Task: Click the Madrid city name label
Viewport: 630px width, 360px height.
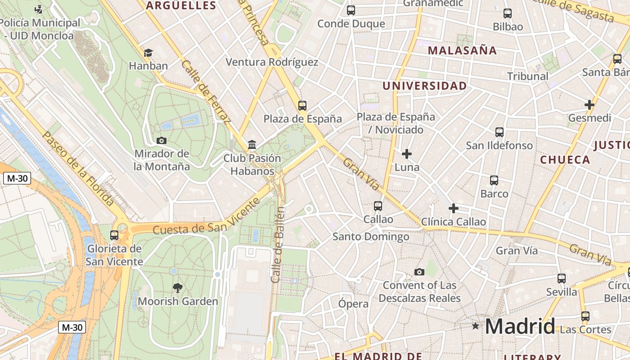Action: pos(520,326)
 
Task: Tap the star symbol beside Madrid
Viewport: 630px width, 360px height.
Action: pos(476,325)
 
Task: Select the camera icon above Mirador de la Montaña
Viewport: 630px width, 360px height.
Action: pos(162,140)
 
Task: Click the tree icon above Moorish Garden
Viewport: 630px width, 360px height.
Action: pos(178,288)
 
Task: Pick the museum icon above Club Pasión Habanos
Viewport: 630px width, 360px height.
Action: pos(252,145)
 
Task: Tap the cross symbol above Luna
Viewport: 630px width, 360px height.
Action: pos(407,154)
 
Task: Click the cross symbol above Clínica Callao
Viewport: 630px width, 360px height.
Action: pos(454,208)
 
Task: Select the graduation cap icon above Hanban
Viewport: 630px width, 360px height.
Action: pos(148,53)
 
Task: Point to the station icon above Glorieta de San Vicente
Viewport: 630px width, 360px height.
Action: pos(114,235)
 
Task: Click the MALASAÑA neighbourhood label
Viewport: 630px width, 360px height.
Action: pos(462,50)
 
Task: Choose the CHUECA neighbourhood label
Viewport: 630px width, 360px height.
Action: pos(565,160)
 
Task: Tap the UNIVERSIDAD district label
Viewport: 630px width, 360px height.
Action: pos(424,85)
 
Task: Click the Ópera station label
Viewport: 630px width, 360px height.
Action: pos(353,304)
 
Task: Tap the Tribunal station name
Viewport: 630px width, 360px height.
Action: pos(528,76)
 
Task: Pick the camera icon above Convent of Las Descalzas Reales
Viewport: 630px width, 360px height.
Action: pos(419,272)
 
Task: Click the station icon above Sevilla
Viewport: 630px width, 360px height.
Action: pos(561,279)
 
